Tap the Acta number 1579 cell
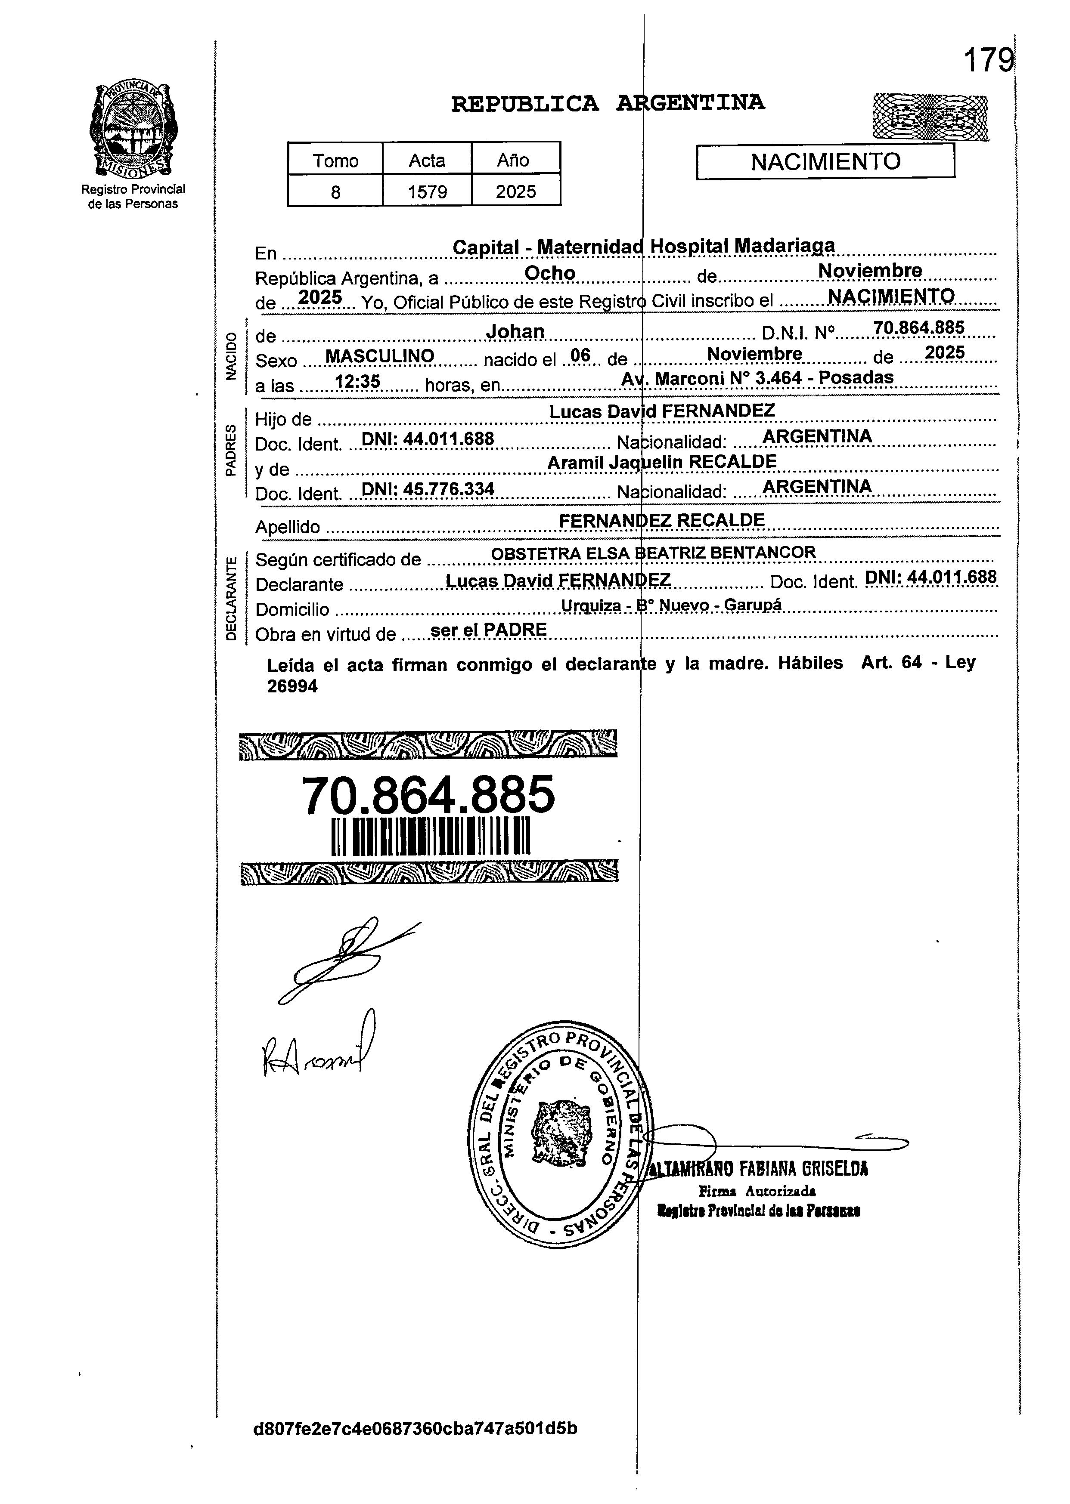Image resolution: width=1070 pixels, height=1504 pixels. (427, 191)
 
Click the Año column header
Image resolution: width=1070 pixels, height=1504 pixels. (516, 160)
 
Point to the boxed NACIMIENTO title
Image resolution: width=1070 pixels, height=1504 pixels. (825, 162)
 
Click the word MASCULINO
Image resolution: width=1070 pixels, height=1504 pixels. (380, 356)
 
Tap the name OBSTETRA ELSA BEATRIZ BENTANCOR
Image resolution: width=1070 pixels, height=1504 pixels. (653, 553)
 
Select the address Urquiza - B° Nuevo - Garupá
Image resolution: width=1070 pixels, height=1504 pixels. (671, 605)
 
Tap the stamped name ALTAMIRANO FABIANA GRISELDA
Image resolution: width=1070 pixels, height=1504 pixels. (758, 1170)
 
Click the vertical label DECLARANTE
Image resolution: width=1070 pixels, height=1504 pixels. (231, 598)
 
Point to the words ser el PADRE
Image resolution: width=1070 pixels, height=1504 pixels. (488, 630)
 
